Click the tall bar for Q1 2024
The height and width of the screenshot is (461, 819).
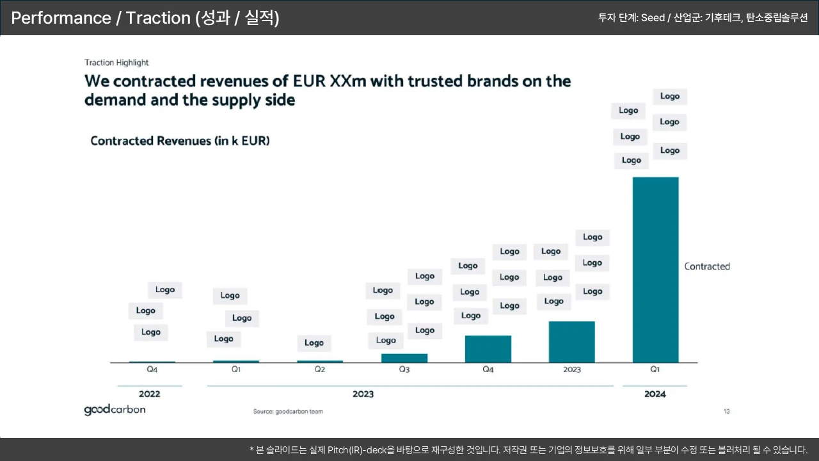click(x=655, y=269)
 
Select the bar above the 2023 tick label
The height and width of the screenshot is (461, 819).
click(x=571, y=342)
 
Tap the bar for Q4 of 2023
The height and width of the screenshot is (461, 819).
click(x=488, y=349)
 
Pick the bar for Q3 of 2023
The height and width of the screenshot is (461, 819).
click(x=404, y=358)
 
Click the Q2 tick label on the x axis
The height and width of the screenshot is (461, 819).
click(x=320, y=369)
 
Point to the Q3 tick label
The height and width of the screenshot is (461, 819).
click(x=404, y=369)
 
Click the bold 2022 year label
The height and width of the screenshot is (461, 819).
click(x=150, y=394)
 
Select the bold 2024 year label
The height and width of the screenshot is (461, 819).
click(x=655, y=394)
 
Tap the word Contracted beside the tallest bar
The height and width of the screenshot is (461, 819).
click(x=707, y=266)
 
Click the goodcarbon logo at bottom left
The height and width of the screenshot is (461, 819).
click(x=115, y=410)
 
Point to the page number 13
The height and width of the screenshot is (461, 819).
click(x=726, y=411)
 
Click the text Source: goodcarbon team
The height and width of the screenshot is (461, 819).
click(x=288, y=412)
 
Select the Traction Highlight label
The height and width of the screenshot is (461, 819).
click(x=116, y=63)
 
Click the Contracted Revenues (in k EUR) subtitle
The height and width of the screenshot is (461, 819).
click(x=180, y=141)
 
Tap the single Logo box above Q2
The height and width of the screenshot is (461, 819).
click(x=314, y=343)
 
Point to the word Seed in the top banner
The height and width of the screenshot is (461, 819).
click(x=653, y=18)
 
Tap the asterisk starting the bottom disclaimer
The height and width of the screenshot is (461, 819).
click(x=252, y=450)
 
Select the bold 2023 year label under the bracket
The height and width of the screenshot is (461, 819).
click(x=363, y=394)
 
